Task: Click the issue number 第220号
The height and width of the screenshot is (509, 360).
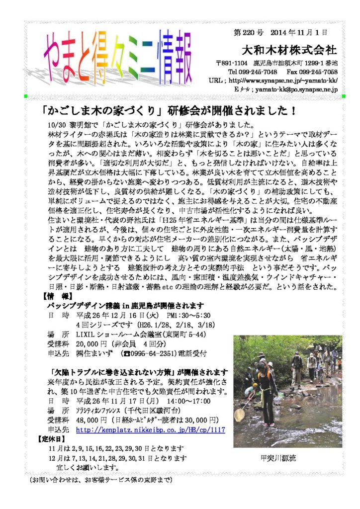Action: pyautogui.click(x=248, y=33)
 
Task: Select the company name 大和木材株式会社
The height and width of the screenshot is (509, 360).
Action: pyautogui.click(x=289, y=50)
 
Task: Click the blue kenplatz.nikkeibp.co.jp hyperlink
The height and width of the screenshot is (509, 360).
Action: pyautogui.click(x=151, y=429)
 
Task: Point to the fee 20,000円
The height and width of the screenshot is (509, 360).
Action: pyautogui.click(x=95, y=343)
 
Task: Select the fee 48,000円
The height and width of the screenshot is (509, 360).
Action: pyautogui.click(x=95, y=420)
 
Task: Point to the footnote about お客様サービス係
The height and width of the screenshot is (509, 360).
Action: pyautogui.click(x=100, y=480)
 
